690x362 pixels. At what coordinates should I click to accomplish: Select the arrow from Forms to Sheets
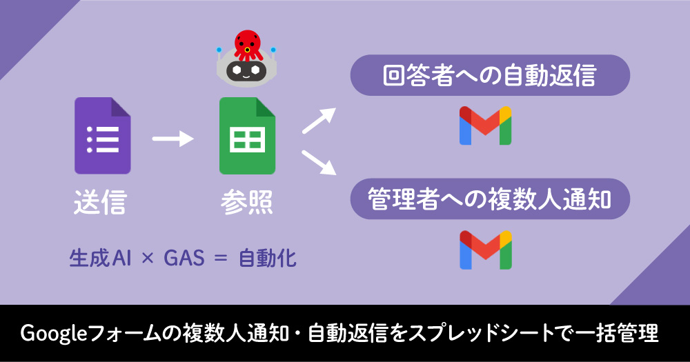(172, 139)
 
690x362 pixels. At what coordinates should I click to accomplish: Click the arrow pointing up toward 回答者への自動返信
(319, 120)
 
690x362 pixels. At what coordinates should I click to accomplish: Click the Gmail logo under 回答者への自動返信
(486, 125)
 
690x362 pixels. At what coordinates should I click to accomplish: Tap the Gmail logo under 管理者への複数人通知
(486, 250)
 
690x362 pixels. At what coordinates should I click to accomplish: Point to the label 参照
(247, 203)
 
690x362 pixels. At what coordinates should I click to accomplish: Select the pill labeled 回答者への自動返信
(490, 75)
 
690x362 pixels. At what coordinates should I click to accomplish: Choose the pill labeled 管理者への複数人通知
(490, 199)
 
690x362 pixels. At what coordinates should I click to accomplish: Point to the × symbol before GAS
(146, 259)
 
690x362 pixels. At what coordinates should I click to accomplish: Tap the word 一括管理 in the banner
(617, 334)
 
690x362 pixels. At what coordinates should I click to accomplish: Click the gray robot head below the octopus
(247, 69)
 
